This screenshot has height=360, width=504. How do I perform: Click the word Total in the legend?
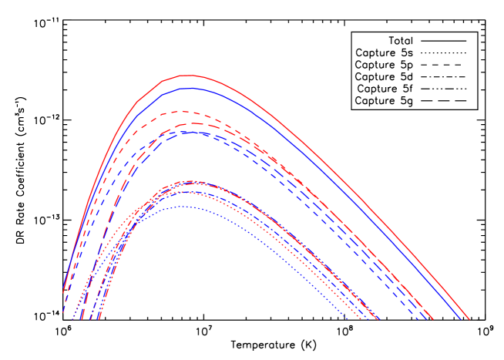click(400, 40)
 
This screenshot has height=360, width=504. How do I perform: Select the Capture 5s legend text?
click(384, 52)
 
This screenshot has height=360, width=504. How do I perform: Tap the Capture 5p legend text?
click(384, 65)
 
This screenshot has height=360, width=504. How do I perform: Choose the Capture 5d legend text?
click(384, 76)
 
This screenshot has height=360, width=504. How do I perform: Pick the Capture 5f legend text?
click(385, 89)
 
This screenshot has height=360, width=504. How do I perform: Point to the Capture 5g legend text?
click(384, 101)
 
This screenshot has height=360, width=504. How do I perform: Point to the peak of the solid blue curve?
click(188, 89)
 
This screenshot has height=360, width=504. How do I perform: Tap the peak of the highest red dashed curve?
click(185, 112)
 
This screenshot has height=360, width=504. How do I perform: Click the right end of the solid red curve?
click(469, 318)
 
